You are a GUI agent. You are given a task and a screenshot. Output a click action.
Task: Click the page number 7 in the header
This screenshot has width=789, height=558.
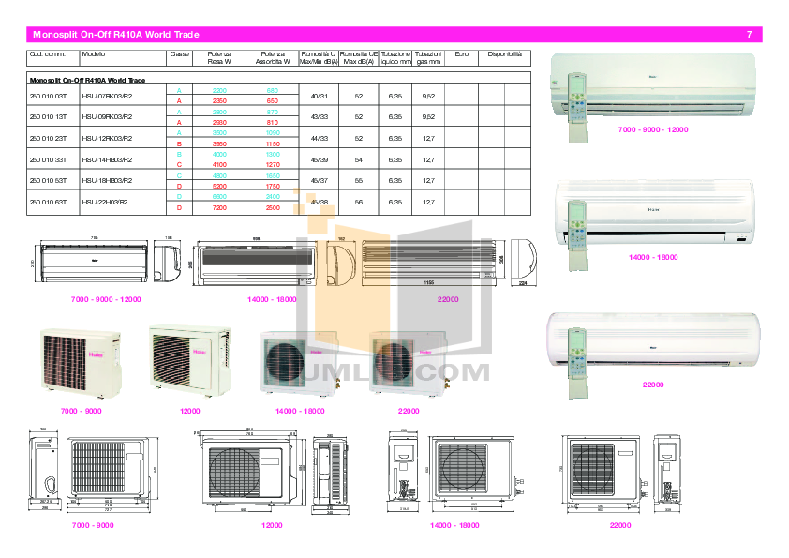click(x=749, y=35)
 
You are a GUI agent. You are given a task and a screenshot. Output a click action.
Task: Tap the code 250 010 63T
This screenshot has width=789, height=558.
click(x=48, y=202)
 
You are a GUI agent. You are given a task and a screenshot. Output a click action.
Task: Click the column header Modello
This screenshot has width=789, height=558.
click(x=94, y=54)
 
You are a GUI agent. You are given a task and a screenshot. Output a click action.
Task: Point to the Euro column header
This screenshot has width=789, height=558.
click(x=461, y=54)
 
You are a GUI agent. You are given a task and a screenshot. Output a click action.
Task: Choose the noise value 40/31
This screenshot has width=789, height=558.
click(x=319, y=96)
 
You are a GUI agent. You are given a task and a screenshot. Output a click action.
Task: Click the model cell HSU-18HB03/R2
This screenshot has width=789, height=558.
click(x=107, y=180)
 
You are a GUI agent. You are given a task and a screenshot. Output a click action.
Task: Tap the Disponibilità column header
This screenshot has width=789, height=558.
click(x=505, y=54)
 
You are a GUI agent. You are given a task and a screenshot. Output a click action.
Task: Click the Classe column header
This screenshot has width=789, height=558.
click(x=179, y=54)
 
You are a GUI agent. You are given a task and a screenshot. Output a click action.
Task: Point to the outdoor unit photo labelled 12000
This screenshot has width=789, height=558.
click(x=190, y=360)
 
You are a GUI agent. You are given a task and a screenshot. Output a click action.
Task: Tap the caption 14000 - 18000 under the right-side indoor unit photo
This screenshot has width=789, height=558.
click(x=653, y=256)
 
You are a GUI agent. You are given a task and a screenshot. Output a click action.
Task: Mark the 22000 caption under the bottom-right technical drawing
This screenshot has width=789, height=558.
click(x=620, y=526)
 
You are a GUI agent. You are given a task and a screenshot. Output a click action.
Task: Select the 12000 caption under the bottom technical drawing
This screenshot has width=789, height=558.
click(x=272, y=526)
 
